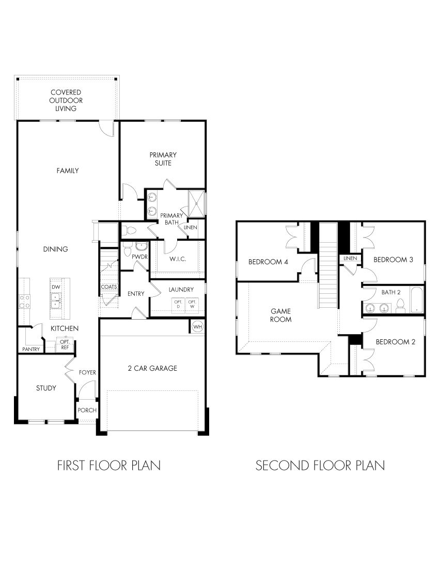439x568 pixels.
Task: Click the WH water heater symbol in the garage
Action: coord(197,326)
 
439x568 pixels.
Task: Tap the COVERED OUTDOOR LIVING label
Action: coord(66,101)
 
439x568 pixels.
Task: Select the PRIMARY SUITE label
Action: coord(163,159)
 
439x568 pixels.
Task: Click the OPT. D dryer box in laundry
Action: coord(178,304)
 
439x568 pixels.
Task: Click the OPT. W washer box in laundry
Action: coord(192,304)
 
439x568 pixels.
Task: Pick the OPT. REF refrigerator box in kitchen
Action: coord(65,345)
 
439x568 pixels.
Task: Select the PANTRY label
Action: coord(31,350)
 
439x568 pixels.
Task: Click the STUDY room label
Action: coord(45,388)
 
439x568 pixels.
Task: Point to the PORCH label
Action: coord(87,410)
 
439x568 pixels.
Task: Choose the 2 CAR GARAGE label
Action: coord(152,368)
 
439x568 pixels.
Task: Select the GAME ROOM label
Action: coord(281,315)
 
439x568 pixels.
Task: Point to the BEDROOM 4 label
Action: coord(268,261)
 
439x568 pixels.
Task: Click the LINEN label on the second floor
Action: coord(350,258)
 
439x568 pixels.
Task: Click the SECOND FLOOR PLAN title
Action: coord(320,465)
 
